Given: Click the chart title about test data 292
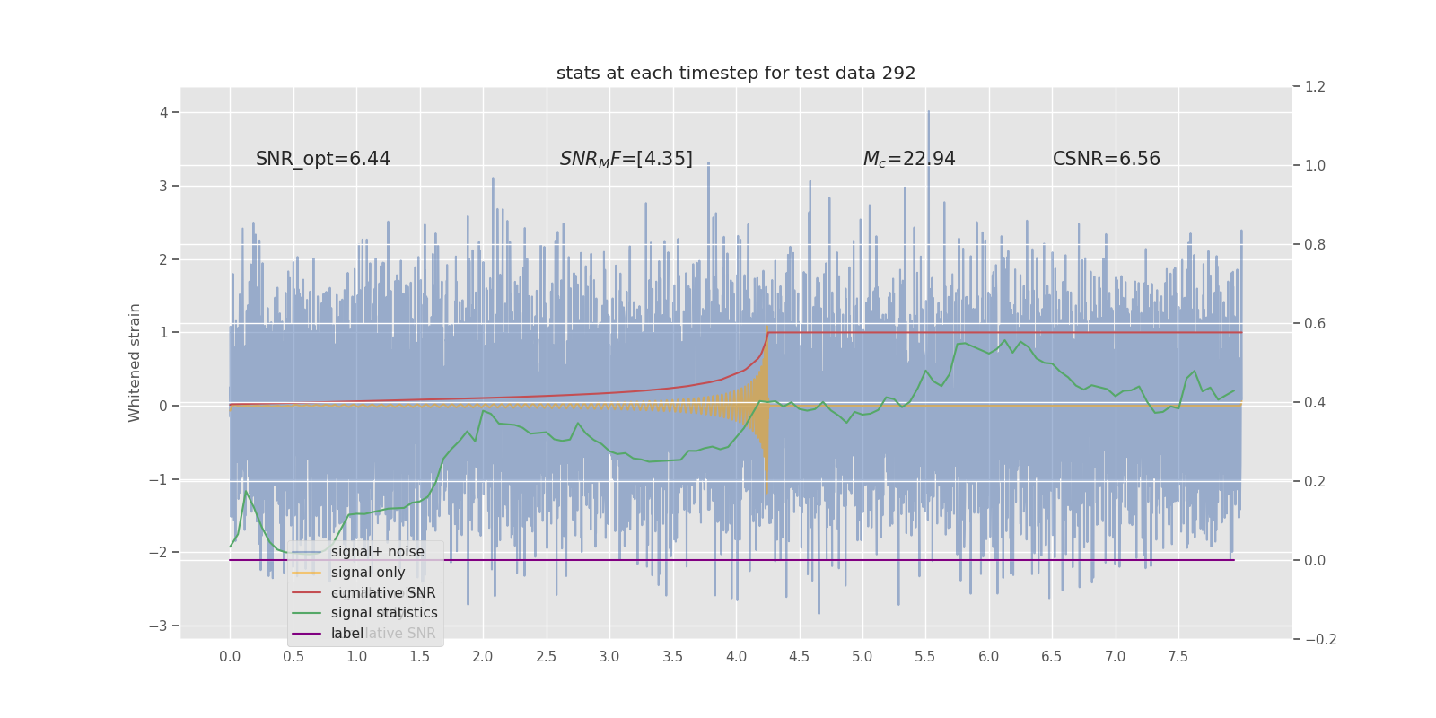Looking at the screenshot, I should pos(736,74).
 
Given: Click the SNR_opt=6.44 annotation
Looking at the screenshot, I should pos(323,159).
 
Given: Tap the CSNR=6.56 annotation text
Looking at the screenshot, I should pos(1106,159).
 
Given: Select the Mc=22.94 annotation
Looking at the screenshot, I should pos(909,159).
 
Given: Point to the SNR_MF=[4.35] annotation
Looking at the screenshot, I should pos(626,159).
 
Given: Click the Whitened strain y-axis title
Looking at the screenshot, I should pos(135,363).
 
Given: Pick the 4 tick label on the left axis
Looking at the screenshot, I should pos(164,112).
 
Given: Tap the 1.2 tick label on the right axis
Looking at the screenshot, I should pos(1315,87).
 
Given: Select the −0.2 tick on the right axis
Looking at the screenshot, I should pos(1319,639).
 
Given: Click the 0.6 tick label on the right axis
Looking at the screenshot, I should pos(1315,323).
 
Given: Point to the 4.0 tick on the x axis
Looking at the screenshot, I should pos(736,657).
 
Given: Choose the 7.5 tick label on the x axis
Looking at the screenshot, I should pos(1178,657).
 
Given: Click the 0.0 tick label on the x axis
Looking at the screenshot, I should pos(230,657).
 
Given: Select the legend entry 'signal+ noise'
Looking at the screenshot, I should pos(377,552).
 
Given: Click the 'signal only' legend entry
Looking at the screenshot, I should pos(368,573).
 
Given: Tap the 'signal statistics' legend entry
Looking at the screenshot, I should pos(384,613).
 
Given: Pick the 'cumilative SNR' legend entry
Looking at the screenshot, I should pos(383,593).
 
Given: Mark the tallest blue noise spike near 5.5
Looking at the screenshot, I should pos(928,114).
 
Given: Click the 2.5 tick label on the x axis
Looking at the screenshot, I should pos(546,657).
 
